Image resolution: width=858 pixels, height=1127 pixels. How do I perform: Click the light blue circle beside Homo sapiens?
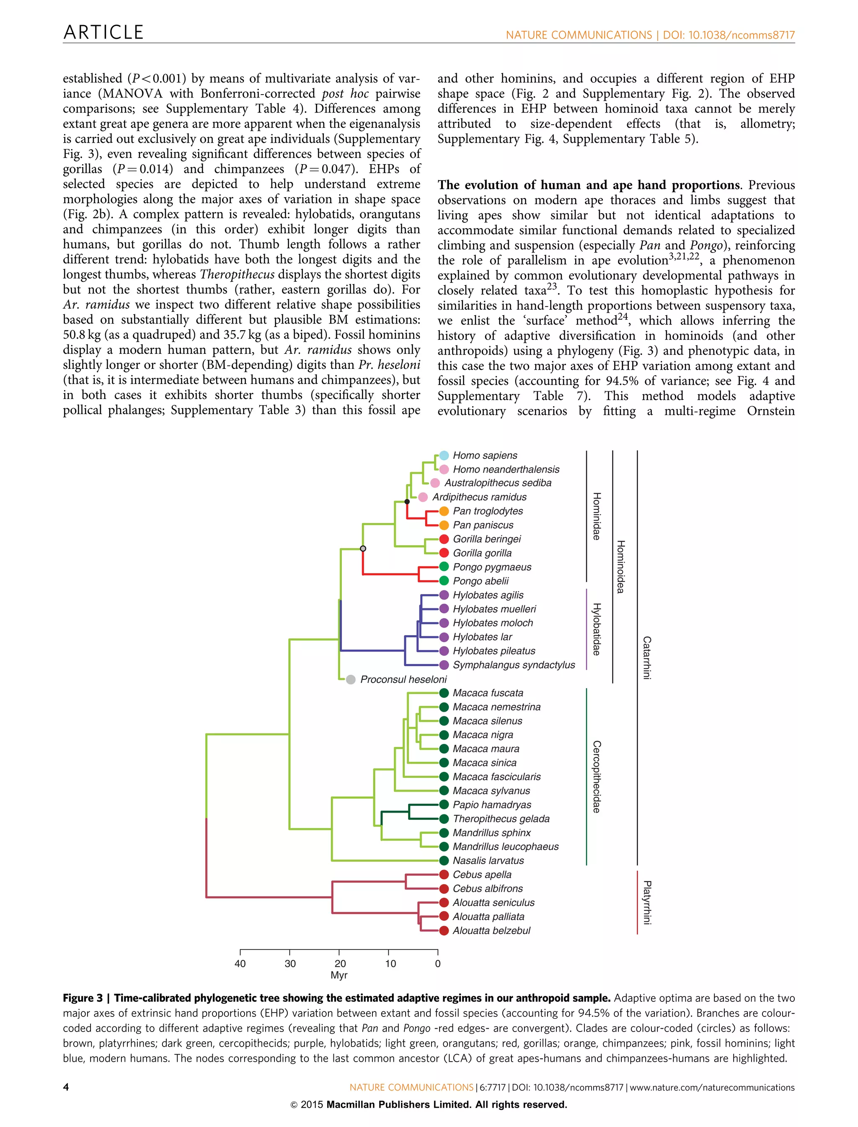444,455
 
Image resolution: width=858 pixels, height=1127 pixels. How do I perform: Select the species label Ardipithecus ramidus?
479,497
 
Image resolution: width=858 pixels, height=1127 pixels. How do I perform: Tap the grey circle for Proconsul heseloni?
351,679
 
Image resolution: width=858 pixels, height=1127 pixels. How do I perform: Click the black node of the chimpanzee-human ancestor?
407,502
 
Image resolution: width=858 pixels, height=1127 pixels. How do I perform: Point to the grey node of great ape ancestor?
363,549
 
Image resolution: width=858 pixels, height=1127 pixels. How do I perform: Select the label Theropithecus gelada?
501,819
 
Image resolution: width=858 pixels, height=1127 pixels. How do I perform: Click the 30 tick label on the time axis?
290,964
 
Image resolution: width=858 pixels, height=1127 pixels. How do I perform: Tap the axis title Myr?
339,975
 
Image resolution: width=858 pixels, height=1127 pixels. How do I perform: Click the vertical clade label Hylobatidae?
596,629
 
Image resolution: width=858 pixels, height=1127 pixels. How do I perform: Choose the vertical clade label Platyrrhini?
646,903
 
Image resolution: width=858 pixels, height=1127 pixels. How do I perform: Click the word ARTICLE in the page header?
103,33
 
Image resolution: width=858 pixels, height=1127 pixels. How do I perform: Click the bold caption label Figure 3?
82,998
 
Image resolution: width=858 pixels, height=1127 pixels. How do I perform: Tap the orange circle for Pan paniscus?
444,525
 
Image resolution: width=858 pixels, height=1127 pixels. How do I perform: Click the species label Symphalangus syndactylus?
514,665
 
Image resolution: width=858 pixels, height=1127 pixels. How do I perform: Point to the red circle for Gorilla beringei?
444,539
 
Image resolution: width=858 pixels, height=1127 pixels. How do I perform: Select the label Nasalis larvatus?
488,861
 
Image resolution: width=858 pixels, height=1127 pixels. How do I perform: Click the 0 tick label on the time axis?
438,964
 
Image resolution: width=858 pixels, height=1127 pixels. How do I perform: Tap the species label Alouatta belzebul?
491,931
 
